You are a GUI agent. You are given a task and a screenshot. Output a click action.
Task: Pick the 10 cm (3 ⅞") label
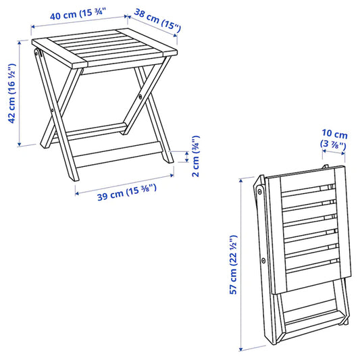334,138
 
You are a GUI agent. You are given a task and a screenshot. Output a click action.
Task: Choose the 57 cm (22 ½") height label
233,264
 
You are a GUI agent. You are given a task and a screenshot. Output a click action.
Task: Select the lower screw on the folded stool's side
263,259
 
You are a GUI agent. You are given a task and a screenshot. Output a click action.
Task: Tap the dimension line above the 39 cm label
122,185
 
